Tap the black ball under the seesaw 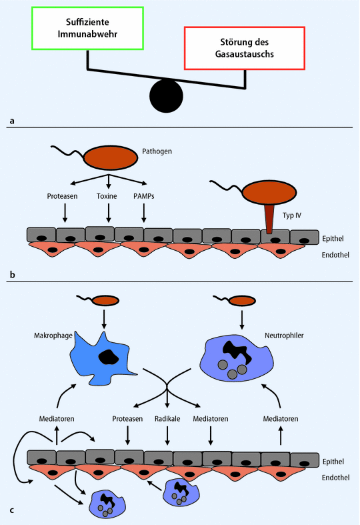(166, 96)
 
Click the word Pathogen (157, 151)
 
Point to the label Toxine (107, 196)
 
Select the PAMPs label (144, 196)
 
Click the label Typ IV (292, 215)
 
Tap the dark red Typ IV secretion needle (269, 219)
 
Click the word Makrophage (53, 336)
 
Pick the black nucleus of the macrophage (109, 357)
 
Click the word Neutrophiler (284, 336)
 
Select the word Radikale (167, 419)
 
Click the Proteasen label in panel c (127, 419)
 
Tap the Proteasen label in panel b (62, 196)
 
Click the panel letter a (12, 121)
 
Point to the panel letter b (13, 275)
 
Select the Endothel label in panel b (335, 255)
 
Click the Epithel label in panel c (333, 462)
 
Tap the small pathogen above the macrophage (106, 300)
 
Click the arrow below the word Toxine (109, 213)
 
